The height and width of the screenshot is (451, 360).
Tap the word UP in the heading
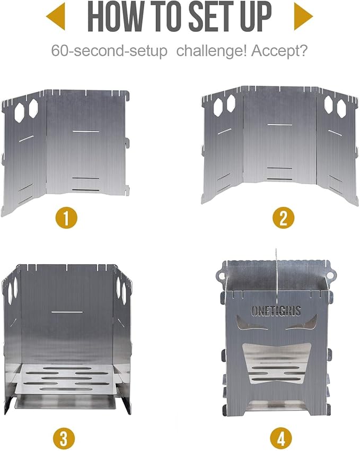point(256,16)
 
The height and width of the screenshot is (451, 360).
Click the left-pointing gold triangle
point(56,16)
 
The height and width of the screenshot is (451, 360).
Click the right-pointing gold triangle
point(303,16)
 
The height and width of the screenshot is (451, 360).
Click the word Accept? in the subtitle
point(279,51)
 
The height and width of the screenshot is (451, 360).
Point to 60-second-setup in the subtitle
point(109,51)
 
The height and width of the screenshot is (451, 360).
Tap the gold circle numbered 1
point(66,218)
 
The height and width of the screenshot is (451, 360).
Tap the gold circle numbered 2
point(283,218)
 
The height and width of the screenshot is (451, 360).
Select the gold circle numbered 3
point(64,439)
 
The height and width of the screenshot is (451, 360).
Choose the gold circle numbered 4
point(281,439)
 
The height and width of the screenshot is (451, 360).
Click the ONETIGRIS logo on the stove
point(276,311)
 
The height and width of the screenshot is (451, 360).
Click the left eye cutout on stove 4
point(251,323)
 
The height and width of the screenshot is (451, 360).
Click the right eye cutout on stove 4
point(301,323)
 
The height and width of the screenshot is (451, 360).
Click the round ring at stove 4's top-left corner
point(222,276)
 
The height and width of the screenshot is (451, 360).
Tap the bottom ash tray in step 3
point(66,402)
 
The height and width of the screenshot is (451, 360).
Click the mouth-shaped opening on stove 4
point(276,363)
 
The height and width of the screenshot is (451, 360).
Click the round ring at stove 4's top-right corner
point(330,275)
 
